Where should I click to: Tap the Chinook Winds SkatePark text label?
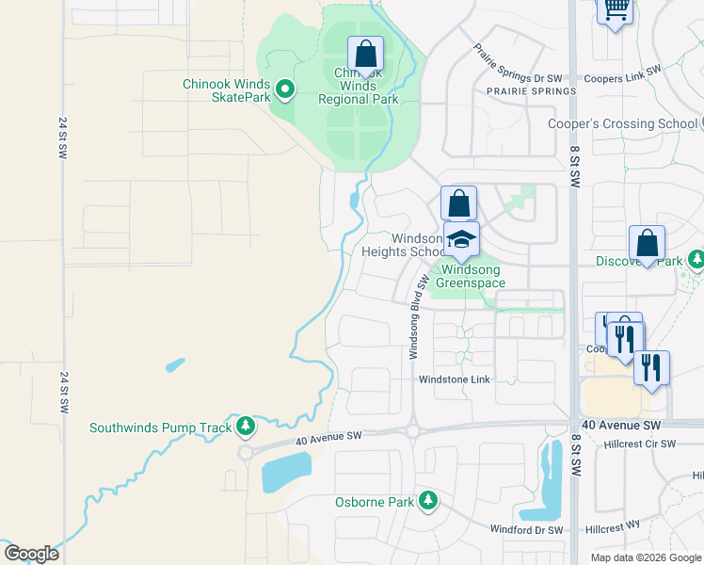[227, 90]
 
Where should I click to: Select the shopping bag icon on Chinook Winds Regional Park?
[365, 54]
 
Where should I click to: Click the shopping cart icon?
[616, 9]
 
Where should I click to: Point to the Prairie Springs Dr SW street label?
[518, 65]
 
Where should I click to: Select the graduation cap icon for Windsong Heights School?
[461, 239]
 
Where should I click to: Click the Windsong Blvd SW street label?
[413, 316]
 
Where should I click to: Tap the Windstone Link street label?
[455, 379]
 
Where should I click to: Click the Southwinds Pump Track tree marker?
[246, 428]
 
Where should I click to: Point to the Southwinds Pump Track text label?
[160, 428]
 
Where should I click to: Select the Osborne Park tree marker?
[428, 501]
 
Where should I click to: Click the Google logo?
[31, 554]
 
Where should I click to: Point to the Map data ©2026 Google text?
[646, 557]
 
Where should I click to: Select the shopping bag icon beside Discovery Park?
[647, 243]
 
